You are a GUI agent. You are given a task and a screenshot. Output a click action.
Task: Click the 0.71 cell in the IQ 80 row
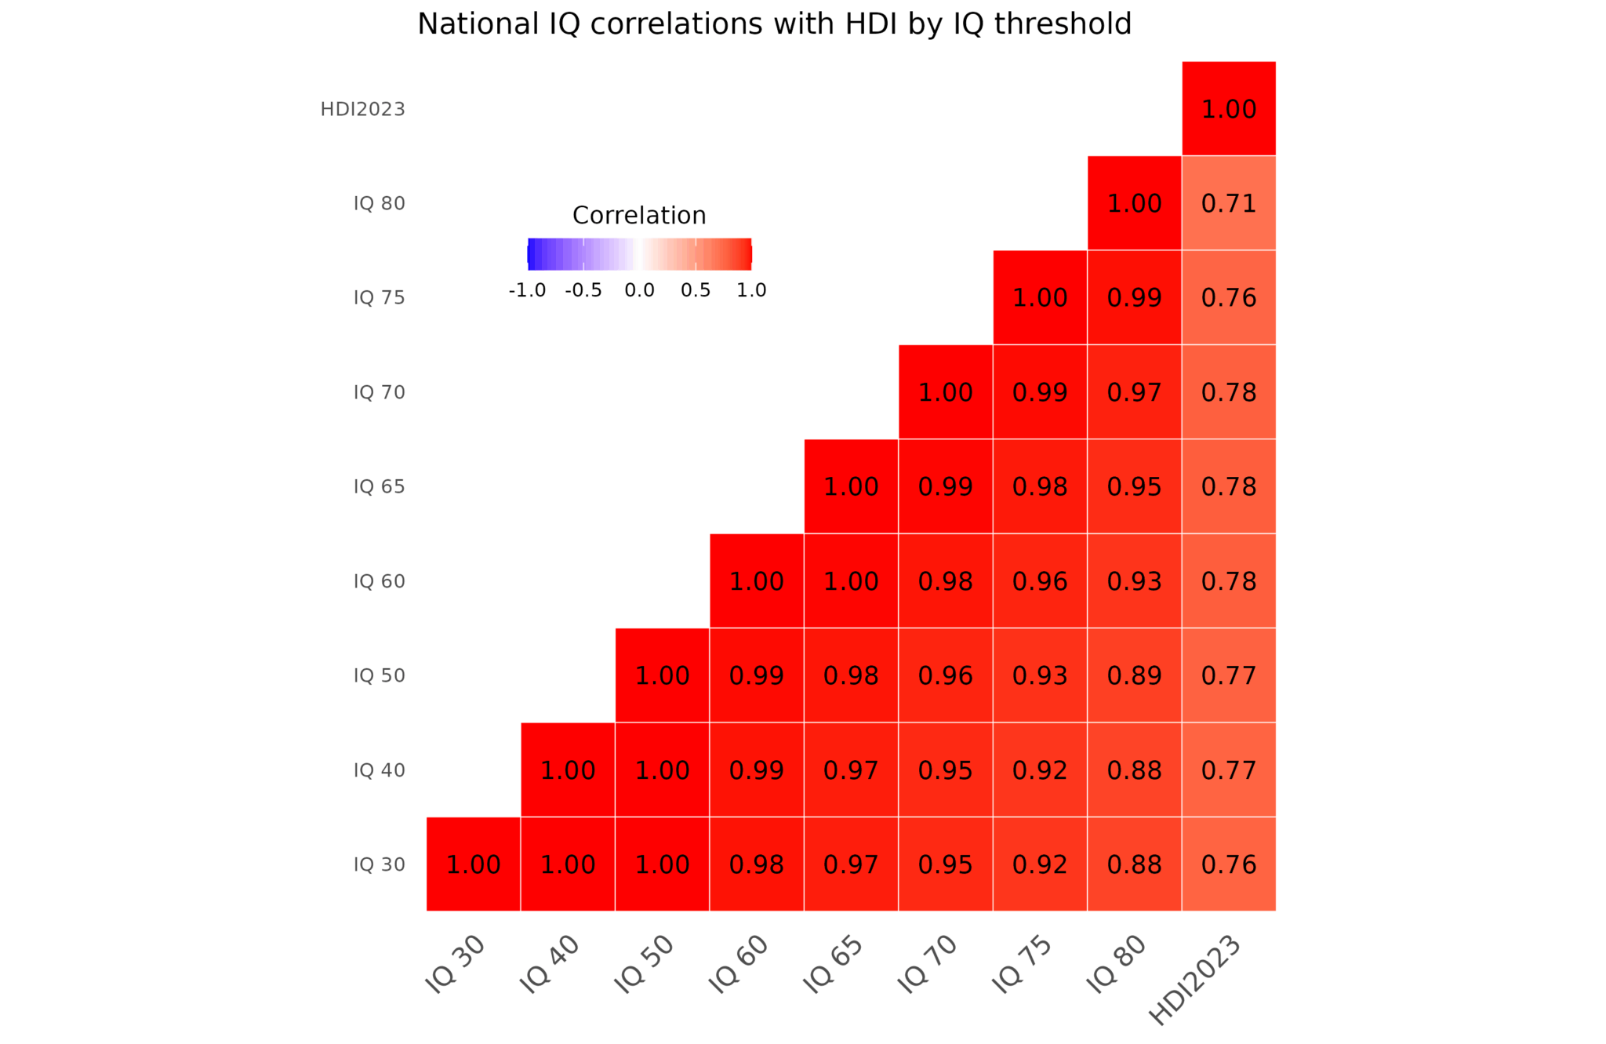[1228, 203]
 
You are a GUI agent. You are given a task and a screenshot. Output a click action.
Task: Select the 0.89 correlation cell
[1134, 675]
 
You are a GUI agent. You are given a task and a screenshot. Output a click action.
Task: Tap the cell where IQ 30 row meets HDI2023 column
[1228, 864]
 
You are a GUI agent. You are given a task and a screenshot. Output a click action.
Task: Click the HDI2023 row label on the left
[362, 109]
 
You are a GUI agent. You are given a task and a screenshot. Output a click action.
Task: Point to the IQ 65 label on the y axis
[379, 486]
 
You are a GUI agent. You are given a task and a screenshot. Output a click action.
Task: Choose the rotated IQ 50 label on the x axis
[644, 965]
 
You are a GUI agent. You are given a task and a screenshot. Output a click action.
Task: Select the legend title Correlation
[639, 215]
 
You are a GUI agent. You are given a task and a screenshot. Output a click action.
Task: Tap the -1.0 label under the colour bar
[527, 290]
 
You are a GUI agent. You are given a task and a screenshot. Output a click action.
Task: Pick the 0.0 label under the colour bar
[639, 290]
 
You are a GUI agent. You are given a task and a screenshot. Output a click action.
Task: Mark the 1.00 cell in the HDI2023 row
[1228, 109]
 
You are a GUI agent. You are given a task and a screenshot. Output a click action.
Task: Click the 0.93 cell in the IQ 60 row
[1134, 581]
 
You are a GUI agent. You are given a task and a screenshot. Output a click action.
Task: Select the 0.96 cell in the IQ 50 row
[945, 675]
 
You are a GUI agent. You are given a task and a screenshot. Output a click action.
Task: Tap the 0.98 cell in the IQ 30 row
[756, 864]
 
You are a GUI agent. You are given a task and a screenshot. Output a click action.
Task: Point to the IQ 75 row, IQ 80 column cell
[1134, 297]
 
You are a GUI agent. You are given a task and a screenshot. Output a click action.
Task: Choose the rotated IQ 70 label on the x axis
[928, 965]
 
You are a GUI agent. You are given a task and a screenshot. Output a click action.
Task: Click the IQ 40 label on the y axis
[379, 770]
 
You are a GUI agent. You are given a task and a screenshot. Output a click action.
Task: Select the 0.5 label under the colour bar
[696, 290]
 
